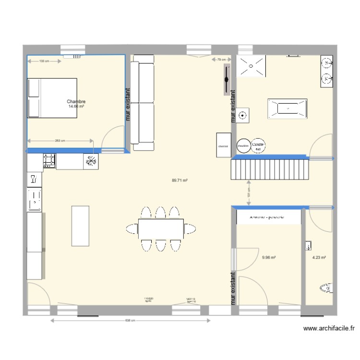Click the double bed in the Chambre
coord(52,98)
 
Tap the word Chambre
coord(76,101)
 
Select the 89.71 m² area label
coord(180,180)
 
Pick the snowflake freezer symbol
coord(90,162)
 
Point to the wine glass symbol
coord(34,180)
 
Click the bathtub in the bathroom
coord(287,109)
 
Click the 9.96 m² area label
coord(269,257)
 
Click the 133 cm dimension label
coord(44,61)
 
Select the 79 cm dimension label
coord(221,60)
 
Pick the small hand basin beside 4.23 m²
coord(308,246)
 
